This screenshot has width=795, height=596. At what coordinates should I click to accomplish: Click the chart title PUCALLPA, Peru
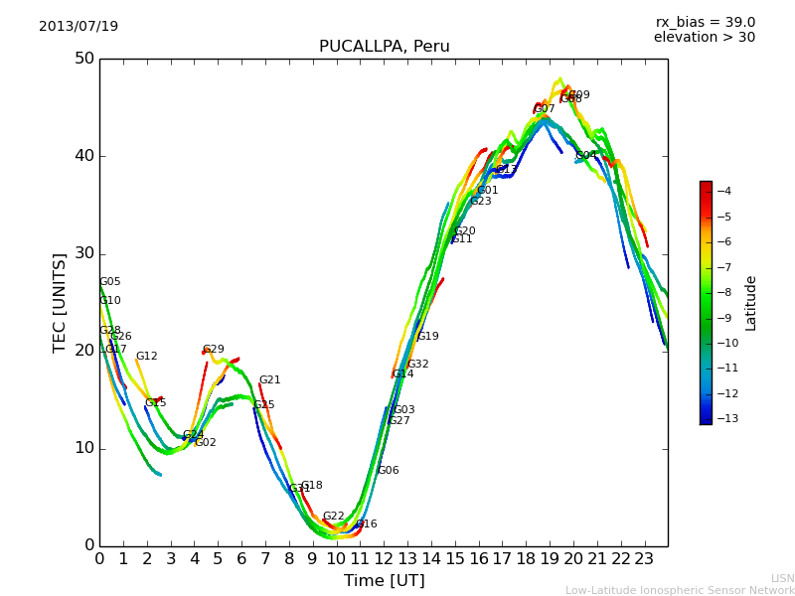point(384,47)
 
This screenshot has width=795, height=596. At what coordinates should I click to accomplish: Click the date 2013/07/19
point(79,27)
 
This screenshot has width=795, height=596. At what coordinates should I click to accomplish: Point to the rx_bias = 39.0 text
point(705,23)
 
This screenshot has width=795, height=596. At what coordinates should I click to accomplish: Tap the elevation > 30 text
point(704,38)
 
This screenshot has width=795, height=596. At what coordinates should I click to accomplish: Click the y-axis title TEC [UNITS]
point(60,302)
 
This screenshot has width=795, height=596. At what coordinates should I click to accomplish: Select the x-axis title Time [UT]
point(384,581)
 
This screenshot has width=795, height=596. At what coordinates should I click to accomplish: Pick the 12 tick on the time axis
point(384,559)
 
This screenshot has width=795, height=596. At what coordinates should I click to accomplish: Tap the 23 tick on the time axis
point(644,559)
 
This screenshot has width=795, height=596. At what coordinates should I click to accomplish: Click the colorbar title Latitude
point(751,303)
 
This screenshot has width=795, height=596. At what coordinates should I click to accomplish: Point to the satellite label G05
point(109,282)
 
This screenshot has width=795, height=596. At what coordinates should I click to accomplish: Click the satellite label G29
point(214,350)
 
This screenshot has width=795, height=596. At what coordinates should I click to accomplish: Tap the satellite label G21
point(269,380)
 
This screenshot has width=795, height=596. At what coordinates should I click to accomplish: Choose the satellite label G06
point(388,471)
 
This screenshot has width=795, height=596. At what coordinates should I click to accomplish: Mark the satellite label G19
point(427,337)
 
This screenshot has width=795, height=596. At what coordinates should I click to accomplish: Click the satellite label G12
point(146,357)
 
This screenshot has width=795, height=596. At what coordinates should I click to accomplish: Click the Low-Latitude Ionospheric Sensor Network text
point(680,591)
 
